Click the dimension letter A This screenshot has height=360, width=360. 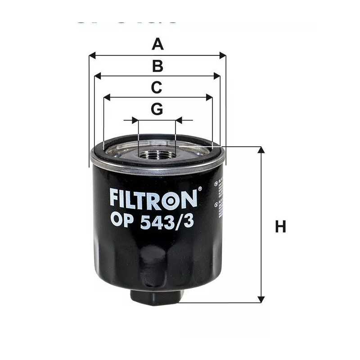(x=157, y=44)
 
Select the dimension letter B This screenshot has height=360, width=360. (x=157, y=66)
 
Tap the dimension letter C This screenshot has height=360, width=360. (x=156, y=87)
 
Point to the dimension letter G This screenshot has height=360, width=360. (x=157, y=109)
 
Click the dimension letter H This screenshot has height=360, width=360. (x=281, y=226)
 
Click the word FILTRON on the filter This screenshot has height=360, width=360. (x=153, y=199)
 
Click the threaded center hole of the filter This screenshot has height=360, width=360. (x=157, y=155)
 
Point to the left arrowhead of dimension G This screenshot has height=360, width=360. (x=135, y=120)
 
